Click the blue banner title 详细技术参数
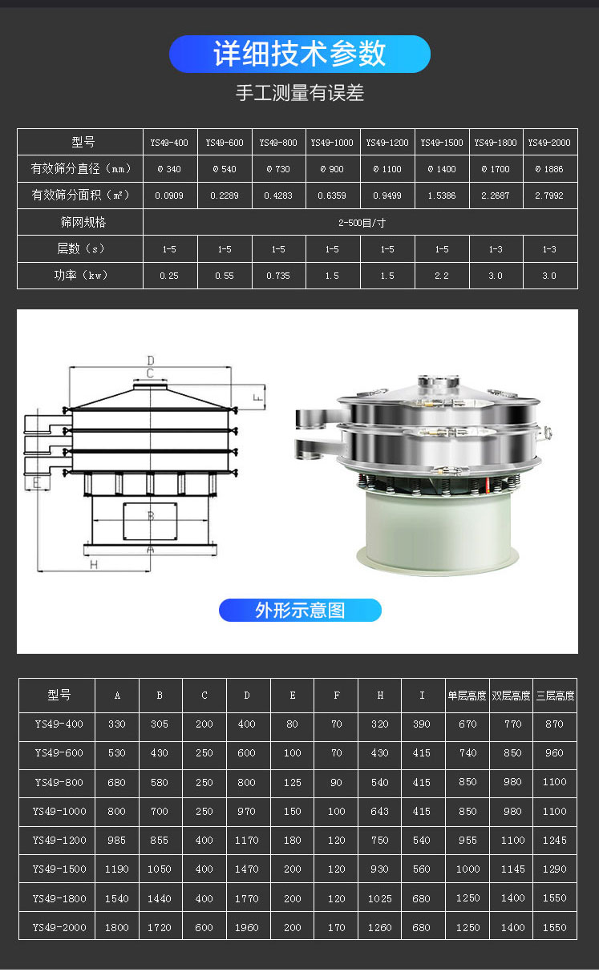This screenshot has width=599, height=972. (299, 54)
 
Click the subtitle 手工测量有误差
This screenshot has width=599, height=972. (300, 93)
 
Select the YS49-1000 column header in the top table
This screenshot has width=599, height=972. (332, 143)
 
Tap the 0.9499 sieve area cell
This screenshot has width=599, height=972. (387, 196)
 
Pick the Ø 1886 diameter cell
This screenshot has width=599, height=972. (549, 169)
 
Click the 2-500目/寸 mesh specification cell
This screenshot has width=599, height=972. (362, 223)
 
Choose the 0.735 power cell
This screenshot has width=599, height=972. (278, 276)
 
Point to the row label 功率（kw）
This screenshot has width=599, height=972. (81, 275)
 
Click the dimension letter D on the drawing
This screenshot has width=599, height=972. (150, 360)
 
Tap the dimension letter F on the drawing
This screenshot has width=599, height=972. (257, 397)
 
